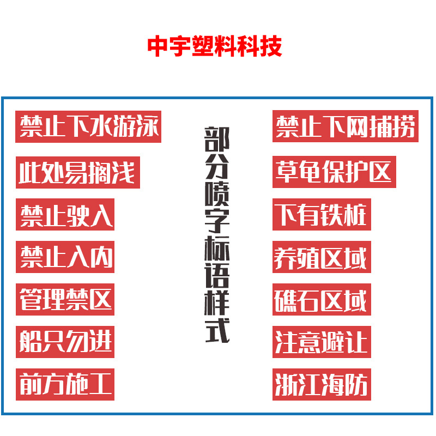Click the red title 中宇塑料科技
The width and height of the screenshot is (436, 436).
[x=215, y=47]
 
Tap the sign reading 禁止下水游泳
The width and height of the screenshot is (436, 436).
[x=88, y=128]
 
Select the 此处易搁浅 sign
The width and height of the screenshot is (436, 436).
[x=77, y=172]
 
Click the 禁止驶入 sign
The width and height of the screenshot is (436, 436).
[x=65, y=215]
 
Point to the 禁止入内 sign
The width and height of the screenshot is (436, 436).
[x=65, y=257]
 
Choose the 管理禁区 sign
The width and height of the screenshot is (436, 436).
[x=65, y=299]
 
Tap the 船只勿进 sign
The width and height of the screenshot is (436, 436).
[x=65, y=342]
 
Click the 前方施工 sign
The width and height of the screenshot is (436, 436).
[x=65, y=384]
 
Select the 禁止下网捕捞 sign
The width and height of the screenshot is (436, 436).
[x=345, y=128]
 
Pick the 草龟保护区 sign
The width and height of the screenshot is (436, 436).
[x=334, y=172]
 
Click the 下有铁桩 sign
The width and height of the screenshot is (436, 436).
[x=322, y=215]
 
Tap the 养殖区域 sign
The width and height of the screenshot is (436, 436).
[x=322, y=257]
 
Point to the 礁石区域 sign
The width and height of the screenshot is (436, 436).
[x=322, y=299]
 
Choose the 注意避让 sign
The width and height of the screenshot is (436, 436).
[x=322, y=342]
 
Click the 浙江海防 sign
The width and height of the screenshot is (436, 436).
[x=322, y=384]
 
